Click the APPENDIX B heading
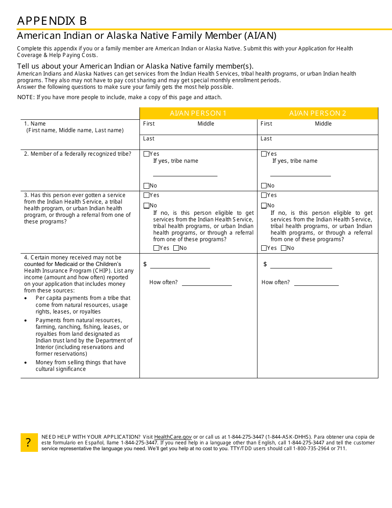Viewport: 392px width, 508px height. click(x=52, y=21)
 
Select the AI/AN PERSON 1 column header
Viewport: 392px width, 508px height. click(x=198, y=113)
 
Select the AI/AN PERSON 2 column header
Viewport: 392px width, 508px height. click(x=317, y=113)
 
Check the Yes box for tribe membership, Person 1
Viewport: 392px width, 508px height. click(x=146, y=154)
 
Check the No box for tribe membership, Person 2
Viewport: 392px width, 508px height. click(x=264, y=186)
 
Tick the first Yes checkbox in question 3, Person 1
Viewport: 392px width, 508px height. click(x=146, y=195)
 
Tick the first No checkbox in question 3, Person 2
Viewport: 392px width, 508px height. click(x=264, y=206)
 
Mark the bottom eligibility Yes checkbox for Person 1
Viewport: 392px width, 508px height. click(x=156, y=248)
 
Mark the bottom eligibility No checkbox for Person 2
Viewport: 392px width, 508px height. click(x=283, y=248)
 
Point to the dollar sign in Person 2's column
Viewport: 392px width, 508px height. click(x=265, y=264)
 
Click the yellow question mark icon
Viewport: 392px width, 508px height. click(x=29, y=442)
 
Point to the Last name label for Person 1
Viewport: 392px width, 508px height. click(x=149, y=139)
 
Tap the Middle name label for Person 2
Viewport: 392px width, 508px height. click(x=323, y=124)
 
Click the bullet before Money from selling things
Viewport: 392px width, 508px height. click(x=26, y=363)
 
